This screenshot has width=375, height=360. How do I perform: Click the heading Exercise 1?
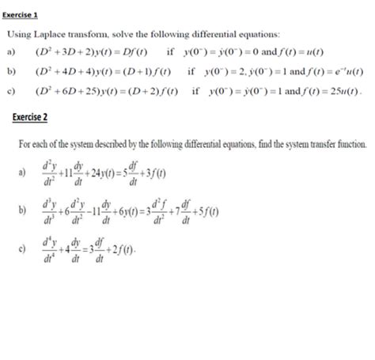(x=23, y=15)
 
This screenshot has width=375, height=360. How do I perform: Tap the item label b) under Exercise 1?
(x=12, y=71)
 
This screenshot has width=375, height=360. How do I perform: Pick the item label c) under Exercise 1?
(x=12, y=89)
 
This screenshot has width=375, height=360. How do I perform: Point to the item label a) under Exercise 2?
(x=22, y=171)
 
